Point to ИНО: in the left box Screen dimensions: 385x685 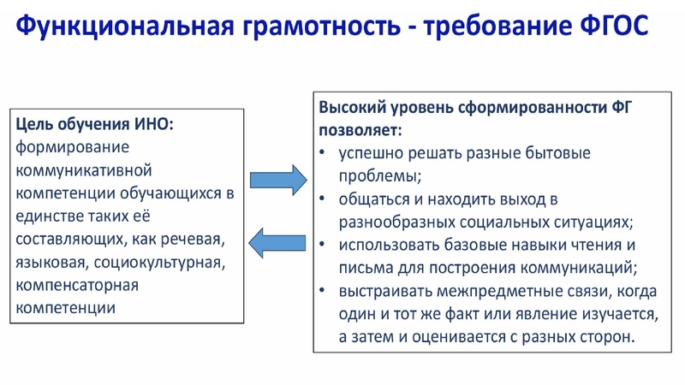(153, 124)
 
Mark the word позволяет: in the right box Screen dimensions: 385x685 (360, 131)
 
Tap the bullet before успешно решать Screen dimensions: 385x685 (322, 154)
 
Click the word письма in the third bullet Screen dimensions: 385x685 (365, 268)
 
